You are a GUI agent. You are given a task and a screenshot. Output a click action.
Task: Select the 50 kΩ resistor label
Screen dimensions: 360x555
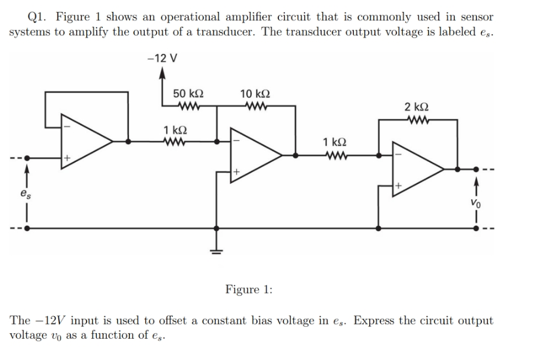tap(188, 94)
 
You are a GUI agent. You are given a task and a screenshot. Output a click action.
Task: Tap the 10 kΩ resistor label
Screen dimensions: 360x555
tap(255, 94)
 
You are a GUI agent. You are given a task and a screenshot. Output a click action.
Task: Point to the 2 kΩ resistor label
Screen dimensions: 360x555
tap(418, 107)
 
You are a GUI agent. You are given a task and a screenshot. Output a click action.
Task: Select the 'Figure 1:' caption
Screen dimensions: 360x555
tap(249, 289)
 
